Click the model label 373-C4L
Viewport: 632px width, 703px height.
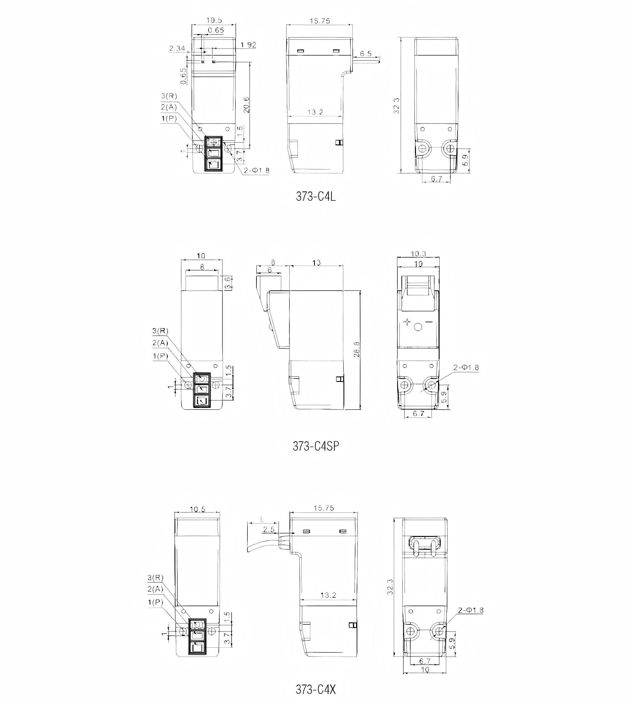click(x=316, y=197)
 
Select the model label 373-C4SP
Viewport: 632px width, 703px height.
click(x=316, y=446)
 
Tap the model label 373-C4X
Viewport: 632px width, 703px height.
click(x=316, y=690)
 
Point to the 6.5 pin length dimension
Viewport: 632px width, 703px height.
click(x=366, y=54)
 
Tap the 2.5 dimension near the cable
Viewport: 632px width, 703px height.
click(x=268, y=529)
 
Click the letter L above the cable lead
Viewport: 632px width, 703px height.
click(x=262, y=519)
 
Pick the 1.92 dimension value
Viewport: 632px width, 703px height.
click(x=248, y=45)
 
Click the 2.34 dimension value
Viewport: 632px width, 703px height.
click(x=177, y=48)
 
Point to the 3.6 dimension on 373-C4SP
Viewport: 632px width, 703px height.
click(x=228, y=283)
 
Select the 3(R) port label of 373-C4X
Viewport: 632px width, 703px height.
click(x=155, y=577)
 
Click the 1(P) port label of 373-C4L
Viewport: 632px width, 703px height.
click(x=169, y=119)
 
